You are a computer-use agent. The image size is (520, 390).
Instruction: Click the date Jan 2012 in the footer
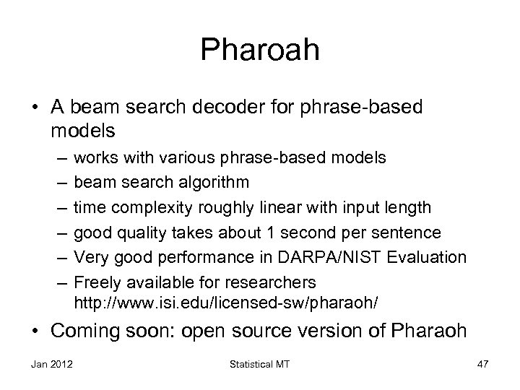[48, 365]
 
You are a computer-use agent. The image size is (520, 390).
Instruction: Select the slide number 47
[482, 365]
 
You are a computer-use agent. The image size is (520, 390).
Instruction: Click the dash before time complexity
[58, 208]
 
